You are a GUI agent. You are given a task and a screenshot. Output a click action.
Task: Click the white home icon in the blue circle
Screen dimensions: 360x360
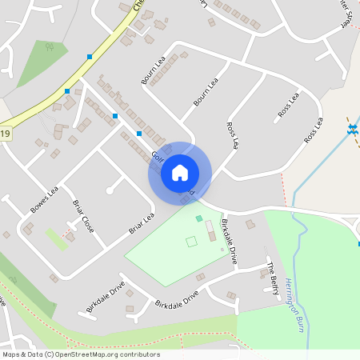180,172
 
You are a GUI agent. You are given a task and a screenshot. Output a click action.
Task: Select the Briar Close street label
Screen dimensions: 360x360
83,216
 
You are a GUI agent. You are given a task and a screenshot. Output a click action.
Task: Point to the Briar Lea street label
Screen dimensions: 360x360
142,223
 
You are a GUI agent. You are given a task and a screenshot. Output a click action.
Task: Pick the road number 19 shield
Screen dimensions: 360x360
5,134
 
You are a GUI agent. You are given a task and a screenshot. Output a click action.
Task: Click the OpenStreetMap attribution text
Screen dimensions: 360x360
81,354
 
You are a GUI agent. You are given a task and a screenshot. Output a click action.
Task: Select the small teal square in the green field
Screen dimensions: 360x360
199,218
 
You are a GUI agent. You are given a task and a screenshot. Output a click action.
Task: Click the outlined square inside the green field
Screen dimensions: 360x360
191,241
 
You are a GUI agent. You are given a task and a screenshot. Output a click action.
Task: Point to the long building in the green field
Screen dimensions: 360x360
210,232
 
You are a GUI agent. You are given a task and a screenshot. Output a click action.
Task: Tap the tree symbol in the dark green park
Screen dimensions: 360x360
49,47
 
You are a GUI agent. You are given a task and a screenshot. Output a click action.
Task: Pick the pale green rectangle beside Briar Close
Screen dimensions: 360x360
56,238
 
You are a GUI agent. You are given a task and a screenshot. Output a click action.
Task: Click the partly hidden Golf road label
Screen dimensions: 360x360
157,157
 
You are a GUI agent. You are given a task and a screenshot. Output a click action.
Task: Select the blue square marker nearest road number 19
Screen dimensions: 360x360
67,91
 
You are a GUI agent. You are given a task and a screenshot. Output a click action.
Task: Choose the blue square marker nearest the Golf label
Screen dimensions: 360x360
139,133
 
